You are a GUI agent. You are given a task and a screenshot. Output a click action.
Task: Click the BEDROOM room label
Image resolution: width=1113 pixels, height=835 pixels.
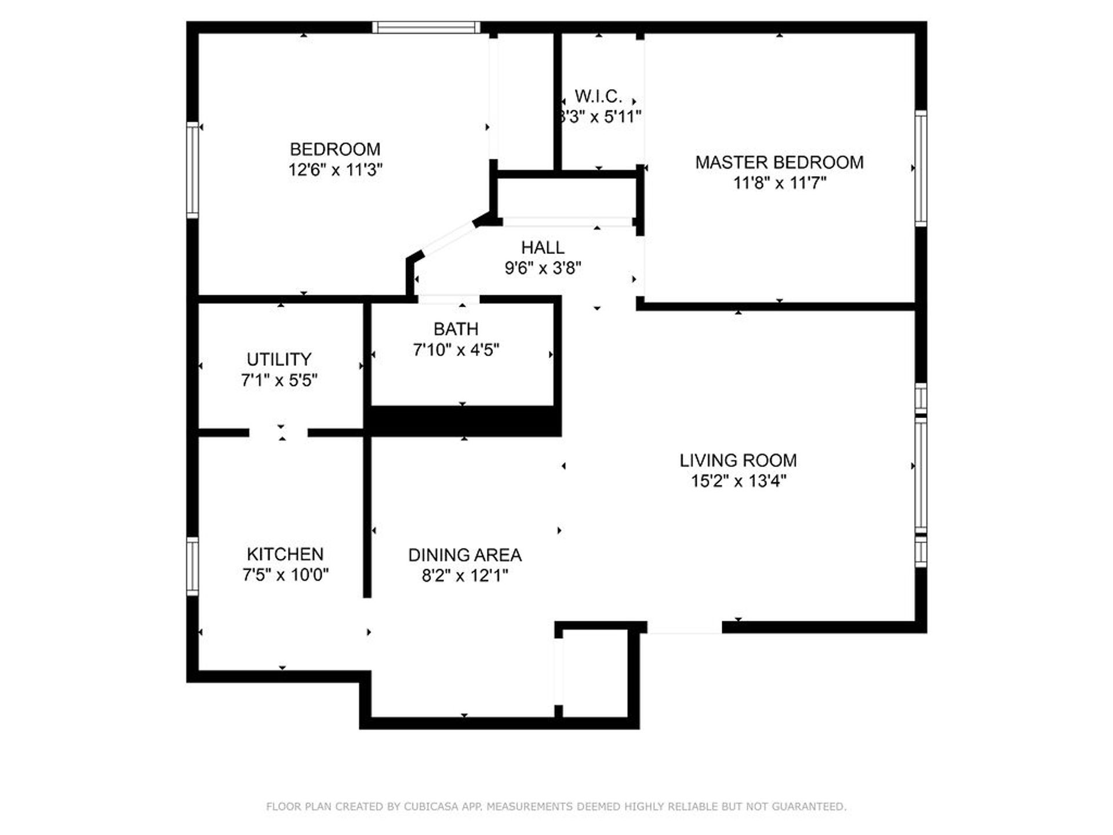335,149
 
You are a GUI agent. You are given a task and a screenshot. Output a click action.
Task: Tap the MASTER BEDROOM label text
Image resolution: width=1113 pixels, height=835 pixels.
779,162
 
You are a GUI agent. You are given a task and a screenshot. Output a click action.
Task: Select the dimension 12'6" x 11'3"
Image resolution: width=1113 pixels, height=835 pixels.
335,170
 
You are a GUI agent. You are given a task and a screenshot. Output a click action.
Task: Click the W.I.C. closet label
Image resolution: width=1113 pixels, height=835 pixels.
598,96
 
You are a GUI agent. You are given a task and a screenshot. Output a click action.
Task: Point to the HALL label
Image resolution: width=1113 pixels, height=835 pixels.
543,248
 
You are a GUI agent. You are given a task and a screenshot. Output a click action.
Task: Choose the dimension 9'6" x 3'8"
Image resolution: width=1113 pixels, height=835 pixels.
543,268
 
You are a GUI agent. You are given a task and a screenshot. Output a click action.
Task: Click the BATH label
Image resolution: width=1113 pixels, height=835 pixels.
456,329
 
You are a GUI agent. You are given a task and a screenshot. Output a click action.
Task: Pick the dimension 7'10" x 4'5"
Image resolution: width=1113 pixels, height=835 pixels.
456,350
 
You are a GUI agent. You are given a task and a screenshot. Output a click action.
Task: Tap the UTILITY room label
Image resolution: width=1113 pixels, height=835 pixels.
279,359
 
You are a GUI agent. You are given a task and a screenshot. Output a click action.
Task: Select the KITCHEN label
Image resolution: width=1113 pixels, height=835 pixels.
285,554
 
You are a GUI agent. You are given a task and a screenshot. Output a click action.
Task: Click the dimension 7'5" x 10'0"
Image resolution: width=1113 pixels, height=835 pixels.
285,575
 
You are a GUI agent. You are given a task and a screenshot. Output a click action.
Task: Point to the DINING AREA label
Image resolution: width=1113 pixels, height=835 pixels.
464,555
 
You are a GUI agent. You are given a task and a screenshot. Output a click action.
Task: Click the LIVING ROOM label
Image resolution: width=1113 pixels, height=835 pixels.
738,460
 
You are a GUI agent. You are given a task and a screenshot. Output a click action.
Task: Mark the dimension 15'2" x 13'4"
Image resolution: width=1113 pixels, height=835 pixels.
738,481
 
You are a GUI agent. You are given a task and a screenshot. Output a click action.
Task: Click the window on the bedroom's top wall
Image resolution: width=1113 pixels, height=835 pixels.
426,27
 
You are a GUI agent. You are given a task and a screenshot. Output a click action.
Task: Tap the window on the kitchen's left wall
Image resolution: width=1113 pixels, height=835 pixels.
192,566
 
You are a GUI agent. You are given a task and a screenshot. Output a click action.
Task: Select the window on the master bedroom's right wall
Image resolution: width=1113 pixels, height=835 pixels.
921,168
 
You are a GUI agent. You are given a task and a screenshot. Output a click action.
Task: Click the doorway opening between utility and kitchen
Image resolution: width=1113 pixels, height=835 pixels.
279,433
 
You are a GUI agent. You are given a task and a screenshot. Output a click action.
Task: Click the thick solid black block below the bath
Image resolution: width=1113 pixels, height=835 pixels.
464,420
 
